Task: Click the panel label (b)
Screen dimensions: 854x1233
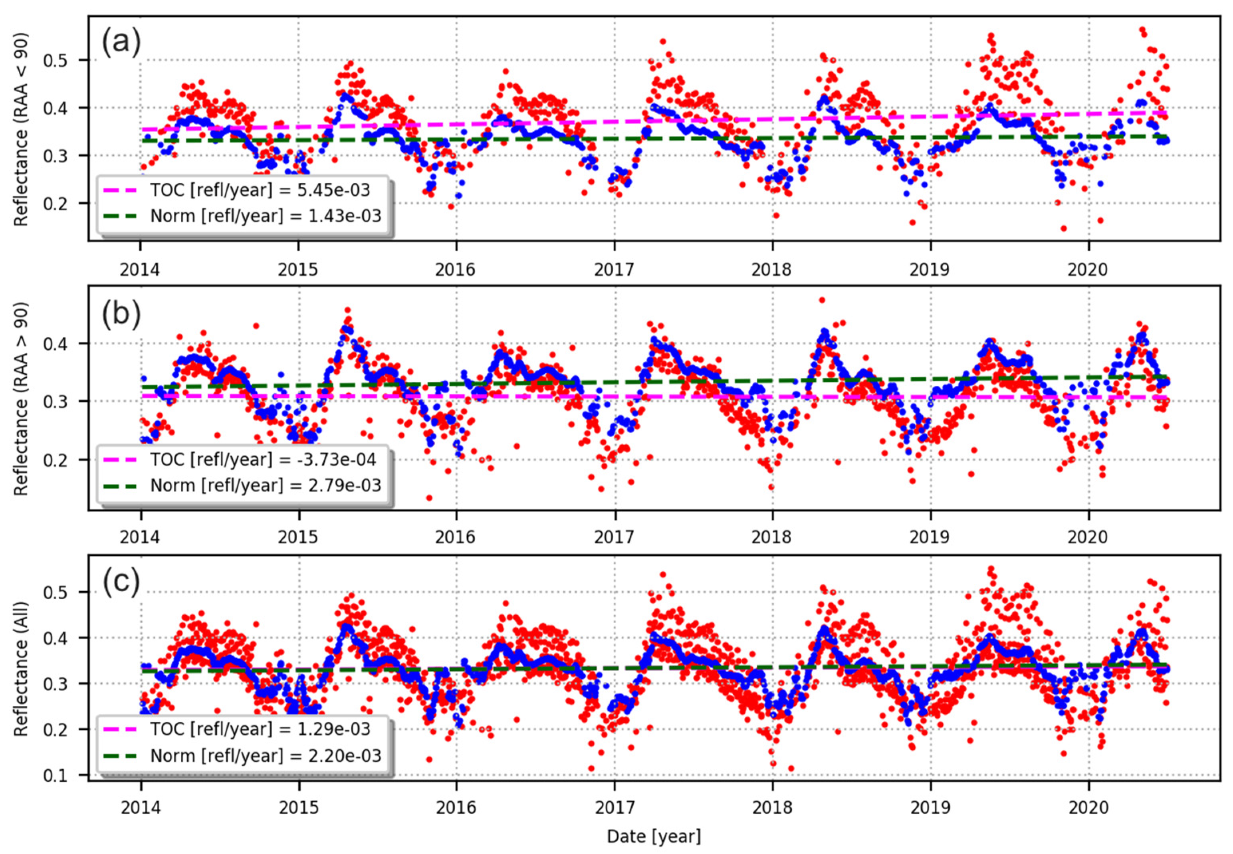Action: (x=121, y=315)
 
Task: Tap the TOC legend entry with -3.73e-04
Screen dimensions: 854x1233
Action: (x=262, y=460)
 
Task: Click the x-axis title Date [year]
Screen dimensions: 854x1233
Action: (x=653, y=836)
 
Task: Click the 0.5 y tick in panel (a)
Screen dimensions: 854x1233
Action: (x=69, y=60)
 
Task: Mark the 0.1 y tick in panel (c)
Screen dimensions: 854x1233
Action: (x=69, y=775)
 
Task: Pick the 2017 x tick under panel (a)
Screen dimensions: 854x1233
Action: (x=615, y=269)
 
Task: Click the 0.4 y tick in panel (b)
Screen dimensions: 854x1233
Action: (x=69, y=343)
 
